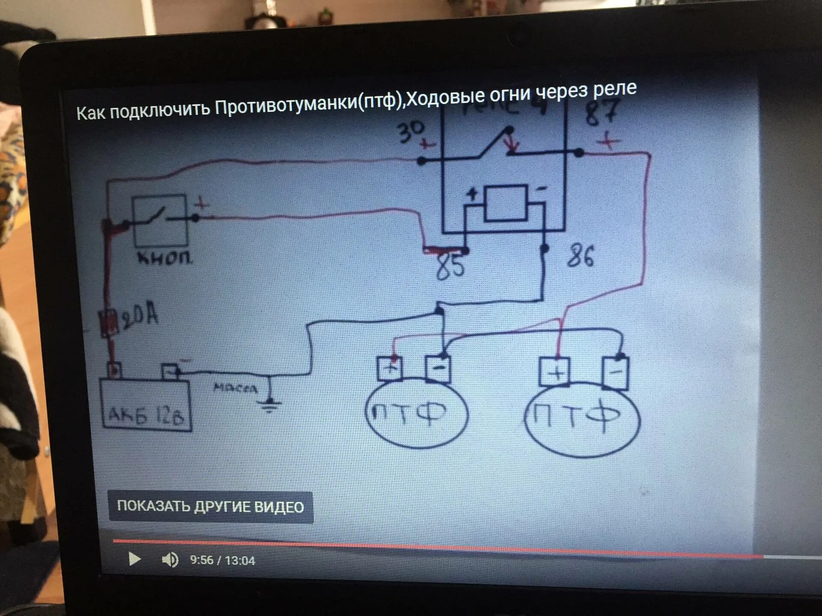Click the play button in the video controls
tap(134, 559)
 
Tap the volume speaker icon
tap(170, 560)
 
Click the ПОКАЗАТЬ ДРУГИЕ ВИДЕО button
tap(211, 507)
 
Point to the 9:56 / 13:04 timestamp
tap(222, 560)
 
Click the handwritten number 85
tap(450, 266)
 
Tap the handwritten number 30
tap(411, 131)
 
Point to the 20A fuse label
tap(140, 317)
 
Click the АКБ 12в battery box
tap(146, 404)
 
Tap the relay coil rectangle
tap(505, 203)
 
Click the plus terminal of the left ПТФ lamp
tap(389, 368)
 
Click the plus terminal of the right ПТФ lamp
tap(554, 371)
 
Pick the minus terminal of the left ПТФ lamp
tap(438, 368)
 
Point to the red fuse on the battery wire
tap(109, 323)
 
